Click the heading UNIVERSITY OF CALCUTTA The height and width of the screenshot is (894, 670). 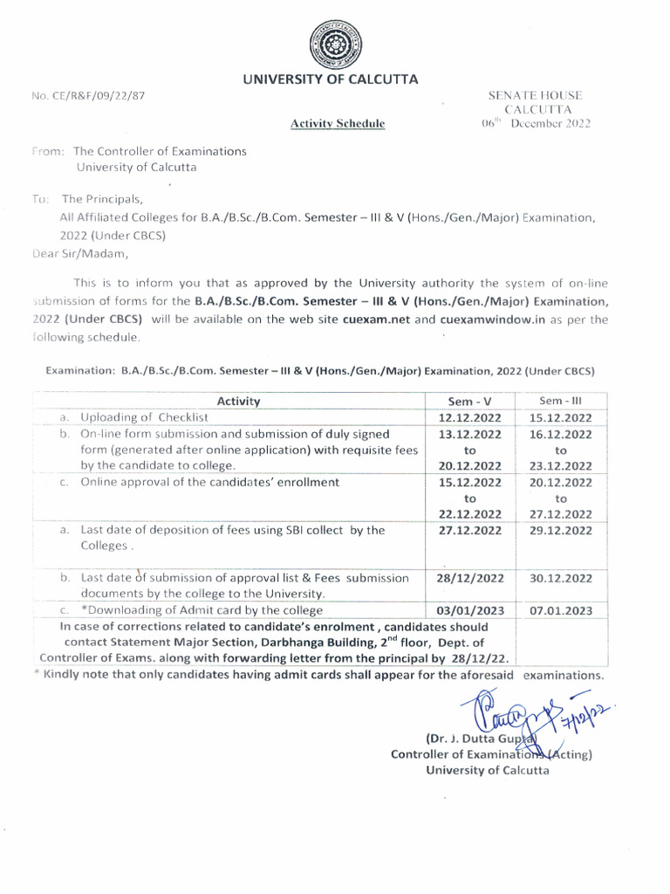click(329, 79)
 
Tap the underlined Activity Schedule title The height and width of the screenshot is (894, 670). click(337, 125)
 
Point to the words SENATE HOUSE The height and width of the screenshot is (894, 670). click(536, 95)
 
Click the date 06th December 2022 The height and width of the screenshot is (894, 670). click(536, 124)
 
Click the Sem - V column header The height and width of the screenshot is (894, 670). click(470, 402)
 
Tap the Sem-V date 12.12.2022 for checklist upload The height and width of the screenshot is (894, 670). click(470, 418)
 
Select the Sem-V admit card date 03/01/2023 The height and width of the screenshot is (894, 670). click(470, 610)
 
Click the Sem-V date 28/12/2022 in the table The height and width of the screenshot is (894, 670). click(470, 578)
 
